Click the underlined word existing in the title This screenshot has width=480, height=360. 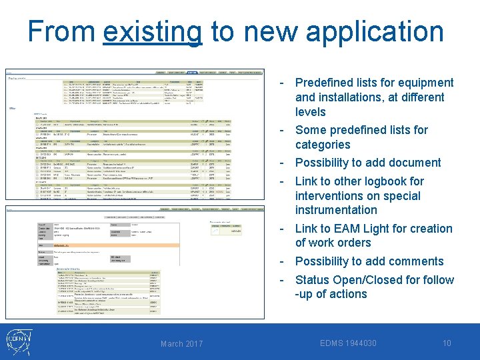click(x=153, y=32)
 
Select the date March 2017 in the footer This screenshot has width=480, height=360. click(x=182, y=343)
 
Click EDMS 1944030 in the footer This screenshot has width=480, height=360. click(x=348, y=343)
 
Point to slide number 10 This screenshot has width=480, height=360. click(x=447, y=343)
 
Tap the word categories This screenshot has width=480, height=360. click(x=323, y=145)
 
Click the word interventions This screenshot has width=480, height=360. click(x=329, y=195)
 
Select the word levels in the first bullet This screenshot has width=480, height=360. click(x=311, y=112)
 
